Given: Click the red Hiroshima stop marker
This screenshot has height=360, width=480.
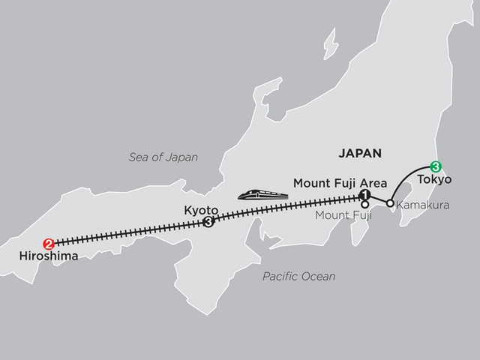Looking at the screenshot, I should pos(49,243).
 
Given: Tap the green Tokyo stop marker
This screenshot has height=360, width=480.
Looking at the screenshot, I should pos(435,166).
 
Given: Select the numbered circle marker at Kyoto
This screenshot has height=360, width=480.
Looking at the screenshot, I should pos(208,221).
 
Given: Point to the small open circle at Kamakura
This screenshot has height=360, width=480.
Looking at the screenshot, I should pos(389,203).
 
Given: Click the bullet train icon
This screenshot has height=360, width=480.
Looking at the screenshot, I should pos(262,194).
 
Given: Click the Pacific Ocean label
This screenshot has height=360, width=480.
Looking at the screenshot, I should pos(298,277).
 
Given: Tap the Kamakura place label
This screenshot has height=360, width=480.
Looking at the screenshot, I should pos(422,203).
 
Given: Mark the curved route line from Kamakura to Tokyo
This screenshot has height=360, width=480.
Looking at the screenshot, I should pos(406,178).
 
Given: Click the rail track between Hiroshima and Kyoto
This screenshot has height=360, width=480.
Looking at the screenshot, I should pos(127,232).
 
